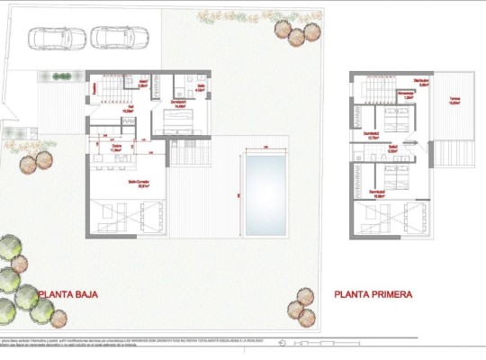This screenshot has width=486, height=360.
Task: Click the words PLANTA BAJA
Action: (x=67, y=293)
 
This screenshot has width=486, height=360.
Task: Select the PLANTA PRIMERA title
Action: (x=373, y=293)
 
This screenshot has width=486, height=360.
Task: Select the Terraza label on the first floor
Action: (x=454, y=103)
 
